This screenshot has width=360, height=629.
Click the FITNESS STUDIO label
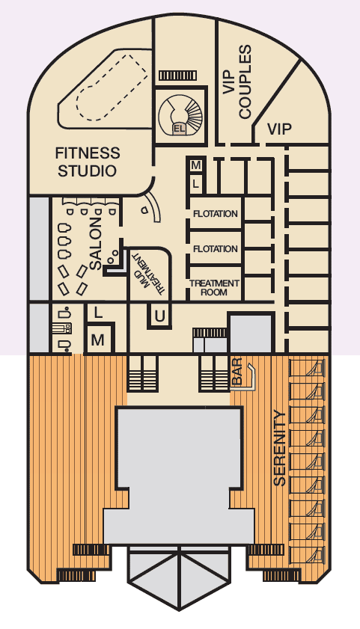tap(88, 162)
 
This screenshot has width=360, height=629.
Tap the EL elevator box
tap(179, 129)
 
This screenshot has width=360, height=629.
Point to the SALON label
tap(96, 244)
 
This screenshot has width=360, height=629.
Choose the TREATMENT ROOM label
tap(214, 288)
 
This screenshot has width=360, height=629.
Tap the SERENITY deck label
tap(279, 448)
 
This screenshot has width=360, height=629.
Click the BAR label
tap(237, 372)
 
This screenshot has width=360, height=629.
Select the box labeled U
tap(159, 316)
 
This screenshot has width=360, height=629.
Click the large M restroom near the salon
tap(97, 340)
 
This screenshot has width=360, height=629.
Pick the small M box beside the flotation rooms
tap(196, 165)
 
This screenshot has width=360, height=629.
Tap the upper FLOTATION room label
tap(215, 214)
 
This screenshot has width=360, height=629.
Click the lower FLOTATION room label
tap(215, 249)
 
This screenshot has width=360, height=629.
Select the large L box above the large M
tap(97, 313)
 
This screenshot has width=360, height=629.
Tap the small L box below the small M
tap(196, 184)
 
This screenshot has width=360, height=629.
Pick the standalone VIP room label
tap(279, 129)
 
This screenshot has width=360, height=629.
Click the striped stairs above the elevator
tap(177, 76)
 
